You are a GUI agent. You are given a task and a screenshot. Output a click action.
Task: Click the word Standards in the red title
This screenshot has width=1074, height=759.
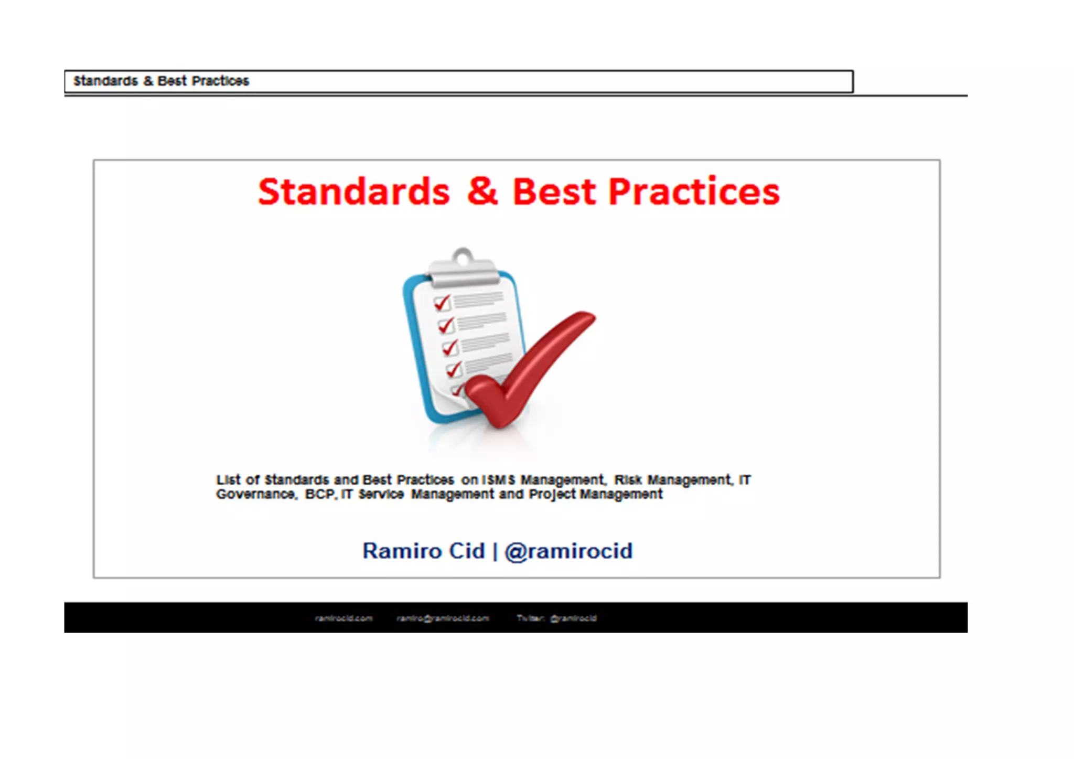pos(353,192)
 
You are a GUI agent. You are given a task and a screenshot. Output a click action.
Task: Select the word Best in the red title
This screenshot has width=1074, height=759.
pos(554,192)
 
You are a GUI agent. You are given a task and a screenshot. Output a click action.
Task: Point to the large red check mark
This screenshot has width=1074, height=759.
pos(530,367)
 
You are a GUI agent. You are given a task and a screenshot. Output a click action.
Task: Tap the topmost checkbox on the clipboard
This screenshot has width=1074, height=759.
pos(442,303)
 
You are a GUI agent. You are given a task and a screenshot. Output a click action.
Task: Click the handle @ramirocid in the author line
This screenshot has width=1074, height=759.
pos(568,551)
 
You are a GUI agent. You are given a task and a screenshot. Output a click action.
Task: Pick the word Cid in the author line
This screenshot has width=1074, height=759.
pos(467,551)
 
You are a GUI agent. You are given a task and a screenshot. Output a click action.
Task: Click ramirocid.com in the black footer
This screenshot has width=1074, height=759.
pos(343,618)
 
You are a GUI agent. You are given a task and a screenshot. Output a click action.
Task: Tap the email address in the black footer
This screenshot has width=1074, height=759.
pos(443,618)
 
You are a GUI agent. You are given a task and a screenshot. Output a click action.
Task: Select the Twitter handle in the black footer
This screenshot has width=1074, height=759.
pos(573,618)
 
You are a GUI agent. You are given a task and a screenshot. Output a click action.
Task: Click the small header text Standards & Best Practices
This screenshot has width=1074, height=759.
pos(161,81)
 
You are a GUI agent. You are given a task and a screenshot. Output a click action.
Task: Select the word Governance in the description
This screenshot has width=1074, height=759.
pos(256,494)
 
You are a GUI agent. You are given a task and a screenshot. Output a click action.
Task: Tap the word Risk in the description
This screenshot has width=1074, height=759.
pos(628,480)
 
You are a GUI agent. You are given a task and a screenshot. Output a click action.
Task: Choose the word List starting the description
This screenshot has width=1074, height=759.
pos(229,480)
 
